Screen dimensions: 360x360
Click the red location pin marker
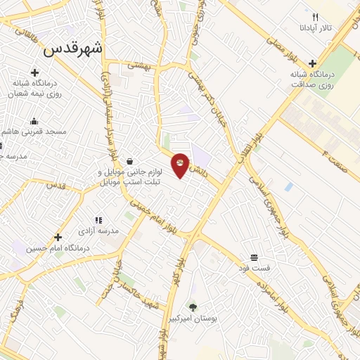[x=181, y=165]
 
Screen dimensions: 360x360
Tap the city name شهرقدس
[x=72, y=49]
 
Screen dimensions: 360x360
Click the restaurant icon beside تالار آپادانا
[x=316, y=17]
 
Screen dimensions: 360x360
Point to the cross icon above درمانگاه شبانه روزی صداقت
[x=313, y=63]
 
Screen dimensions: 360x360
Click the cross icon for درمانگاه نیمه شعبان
[x=34, y=72]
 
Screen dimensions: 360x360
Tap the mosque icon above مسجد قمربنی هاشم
[x=34, y=121]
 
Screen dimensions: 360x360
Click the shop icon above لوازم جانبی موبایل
[x=129, y=161]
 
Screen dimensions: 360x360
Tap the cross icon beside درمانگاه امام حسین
[x=58, y=237]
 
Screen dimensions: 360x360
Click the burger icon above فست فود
[x=253, y=257]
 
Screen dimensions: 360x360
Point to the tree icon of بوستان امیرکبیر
[x=193, y=307]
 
